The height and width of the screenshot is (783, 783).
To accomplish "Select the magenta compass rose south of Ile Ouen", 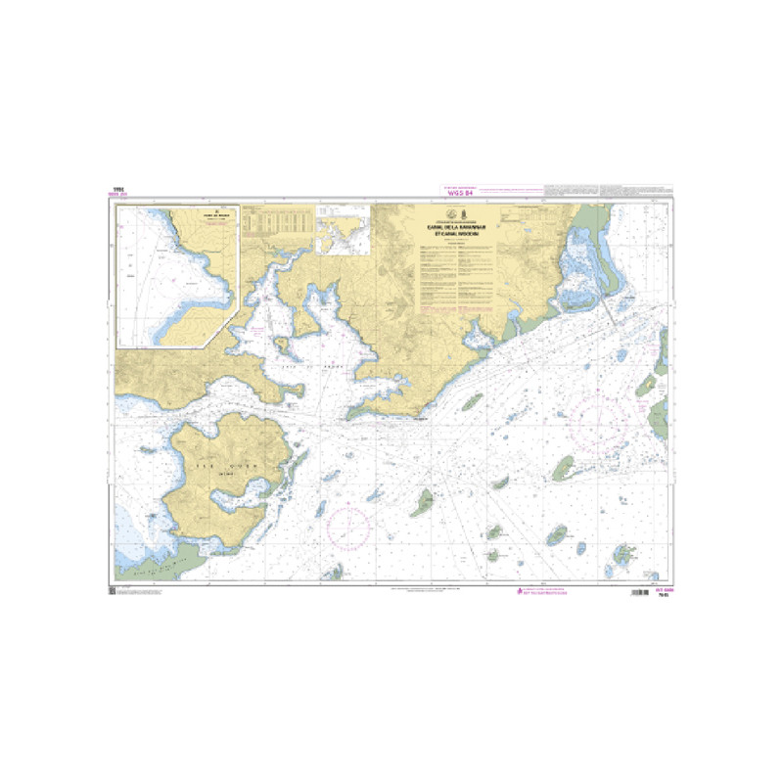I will click(x=349, y=527).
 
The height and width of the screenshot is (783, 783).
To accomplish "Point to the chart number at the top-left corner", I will click(x=122, y=191).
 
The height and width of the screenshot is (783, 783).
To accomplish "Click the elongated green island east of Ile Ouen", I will click(x=424, y=503).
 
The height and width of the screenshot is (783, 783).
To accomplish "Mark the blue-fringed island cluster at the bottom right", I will click(x=622, y=558).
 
